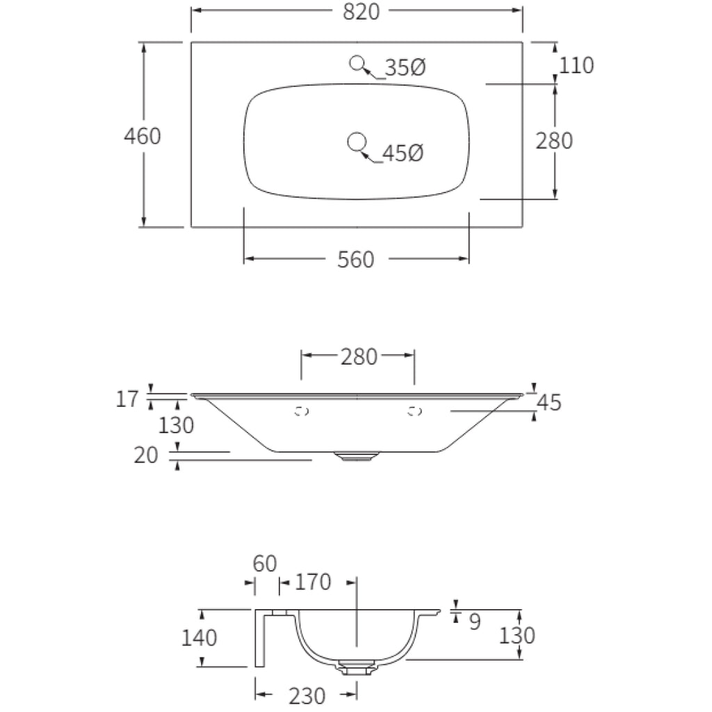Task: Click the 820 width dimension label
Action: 361,11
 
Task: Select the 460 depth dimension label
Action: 143,136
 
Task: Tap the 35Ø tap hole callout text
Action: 405,67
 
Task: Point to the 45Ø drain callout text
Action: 403,153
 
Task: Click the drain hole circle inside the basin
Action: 357,142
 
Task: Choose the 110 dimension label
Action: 576,65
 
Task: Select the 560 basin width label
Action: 355,260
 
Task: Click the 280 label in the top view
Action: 554,140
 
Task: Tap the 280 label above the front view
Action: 359,357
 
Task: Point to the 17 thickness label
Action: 127,399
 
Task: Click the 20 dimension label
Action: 146,455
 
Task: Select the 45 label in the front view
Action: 549,403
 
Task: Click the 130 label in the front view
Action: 176,426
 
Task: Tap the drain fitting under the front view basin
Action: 357,456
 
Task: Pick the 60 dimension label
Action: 265,564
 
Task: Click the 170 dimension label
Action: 313,582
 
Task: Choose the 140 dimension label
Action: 199,638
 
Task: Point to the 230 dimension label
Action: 307,696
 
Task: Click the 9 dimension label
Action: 474,622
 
